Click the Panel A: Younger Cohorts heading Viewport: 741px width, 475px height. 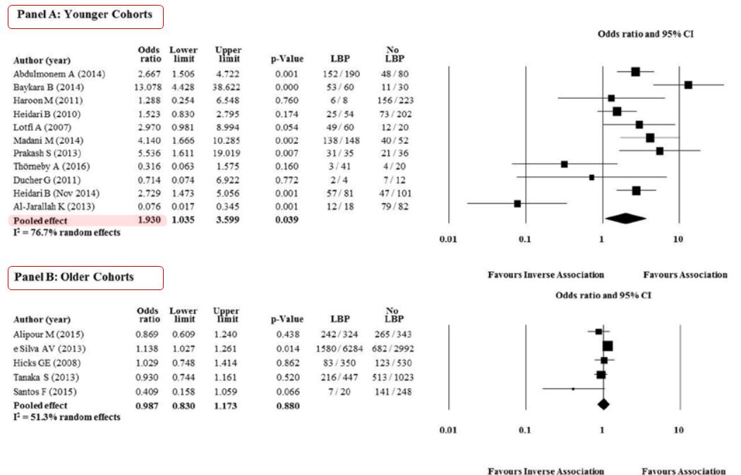click(x=85, y=16)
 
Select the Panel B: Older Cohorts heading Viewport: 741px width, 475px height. click(x=85, y=277)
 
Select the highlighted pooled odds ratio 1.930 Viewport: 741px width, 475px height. click(x=149, y=221)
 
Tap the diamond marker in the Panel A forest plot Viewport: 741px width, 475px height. click(x=625, y=219)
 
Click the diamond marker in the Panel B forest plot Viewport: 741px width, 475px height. click(x=603, y=404)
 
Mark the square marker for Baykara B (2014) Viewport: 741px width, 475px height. click(x=688, y=85)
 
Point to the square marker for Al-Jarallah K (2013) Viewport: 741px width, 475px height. click(x=517, y=203)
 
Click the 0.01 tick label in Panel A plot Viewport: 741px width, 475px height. click(x=448, y=239)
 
